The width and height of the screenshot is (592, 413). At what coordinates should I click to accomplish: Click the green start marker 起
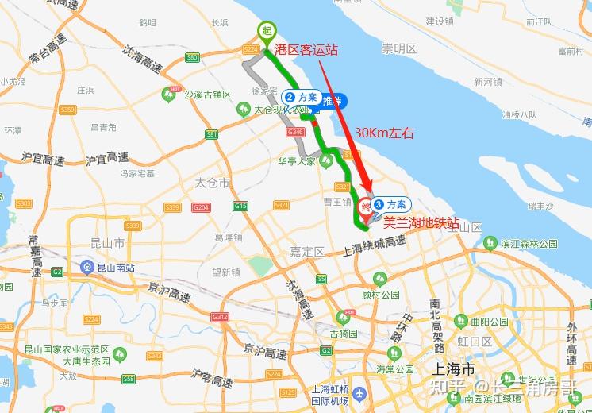[x=264, y=30]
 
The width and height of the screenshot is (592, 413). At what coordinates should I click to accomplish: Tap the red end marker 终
[x=365, y=205]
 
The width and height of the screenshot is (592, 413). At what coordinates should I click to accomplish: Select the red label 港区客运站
[x=306, y=49]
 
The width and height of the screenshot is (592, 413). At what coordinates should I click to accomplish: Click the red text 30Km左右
[x=385, y=133]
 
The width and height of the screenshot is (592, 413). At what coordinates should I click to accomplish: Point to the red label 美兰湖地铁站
[x=421, y=224]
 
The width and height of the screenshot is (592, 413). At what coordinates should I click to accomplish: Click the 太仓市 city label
[x=212, y=183]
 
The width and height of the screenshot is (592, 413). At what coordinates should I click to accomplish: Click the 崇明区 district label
[x=399, y=49]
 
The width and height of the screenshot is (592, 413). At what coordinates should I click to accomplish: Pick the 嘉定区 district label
[x=307, y=252]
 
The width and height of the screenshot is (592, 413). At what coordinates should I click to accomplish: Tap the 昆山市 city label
[x=109, y=242]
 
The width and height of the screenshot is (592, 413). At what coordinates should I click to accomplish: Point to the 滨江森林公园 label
[x=529, y=243]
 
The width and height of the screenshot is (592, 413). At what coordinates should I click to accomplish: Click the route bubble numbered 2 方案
[x=301, y=97]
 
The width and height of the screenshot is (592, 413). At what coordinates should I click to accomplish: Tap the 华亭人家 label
[x=297, y=160]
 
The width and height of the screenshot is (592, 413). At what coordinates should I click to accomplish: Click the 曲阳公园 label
[x=489, y=322]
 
